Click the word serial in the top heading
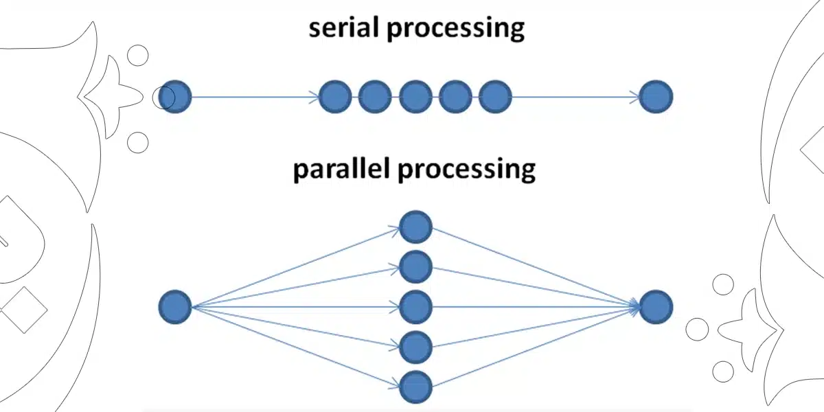click(x=339, y=28)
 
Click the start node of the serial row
click(x=175, y=97)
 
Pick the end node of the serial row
click(x=656, y=97)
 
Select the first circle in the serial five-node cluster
click(x=336, y=97)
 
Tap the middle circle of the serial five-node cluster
click(x=415, y=97)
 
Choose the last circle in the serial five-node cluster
click(x=495, y=97)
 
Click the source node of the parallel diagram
click(x=175, y=307)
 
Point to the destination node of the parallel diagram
click(x=656, y=307)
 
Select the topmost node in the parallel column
click(x=415, y=227)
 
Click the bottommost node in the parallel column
click(x=415, y=387)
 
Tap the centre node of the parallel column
click(x=415, y=307)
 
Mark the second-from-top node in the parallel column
click(x=415, y=267)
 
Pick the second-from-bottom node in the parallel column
click(x=415, y=347)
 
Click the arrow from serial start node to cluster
click(x=254, y=98)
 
